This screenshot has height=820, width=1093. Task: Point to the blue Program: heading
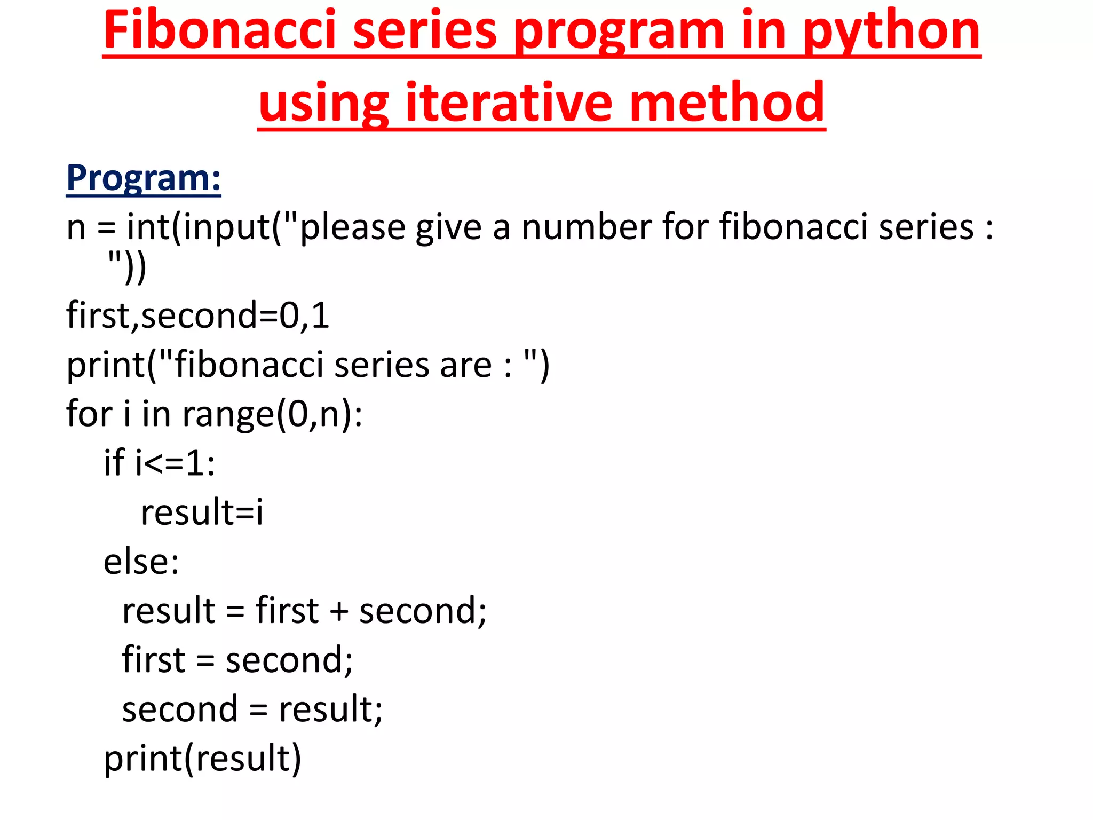tap(144, 178)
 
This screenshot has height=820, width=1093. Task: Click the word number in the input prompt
tap(587, 227)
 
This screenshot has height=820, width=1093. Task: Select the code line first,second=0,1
tap(197, 315)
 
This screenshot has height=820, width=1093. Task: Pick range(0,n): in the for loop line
tap(272, 414)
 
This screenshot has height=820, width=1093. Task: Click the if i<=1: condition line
tap(159, 462)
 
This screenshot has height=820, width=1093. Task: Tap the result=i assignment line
tap(202, 511)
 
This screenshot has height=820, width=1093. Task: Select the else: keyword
tap(141, 562)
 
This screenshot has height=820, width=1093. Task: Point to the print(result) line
tap(202, 758)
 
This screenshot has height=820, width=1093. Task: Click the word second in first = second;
tap(288, 660)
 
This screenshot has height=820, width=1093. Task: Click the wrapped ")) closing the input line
tap(127, 268)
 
